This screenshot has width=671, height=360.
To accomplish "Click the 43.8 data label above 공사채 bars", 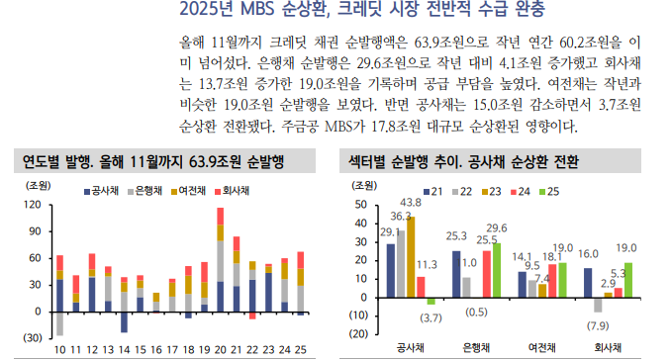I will click(412, 203).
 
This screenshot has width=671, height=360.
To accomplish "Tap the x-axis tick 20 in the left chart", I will click(221, 349).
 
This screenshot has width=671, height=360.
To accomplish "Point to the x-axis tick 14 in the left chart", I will click(124, 349).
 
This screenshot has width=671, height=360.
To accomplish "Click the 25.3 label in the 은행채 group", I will click(456, 235).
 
